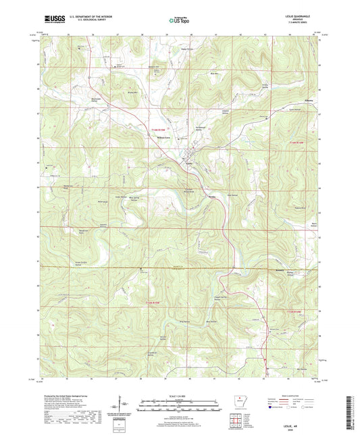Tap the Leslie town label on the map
190,162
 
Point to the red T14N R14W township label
298,143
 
